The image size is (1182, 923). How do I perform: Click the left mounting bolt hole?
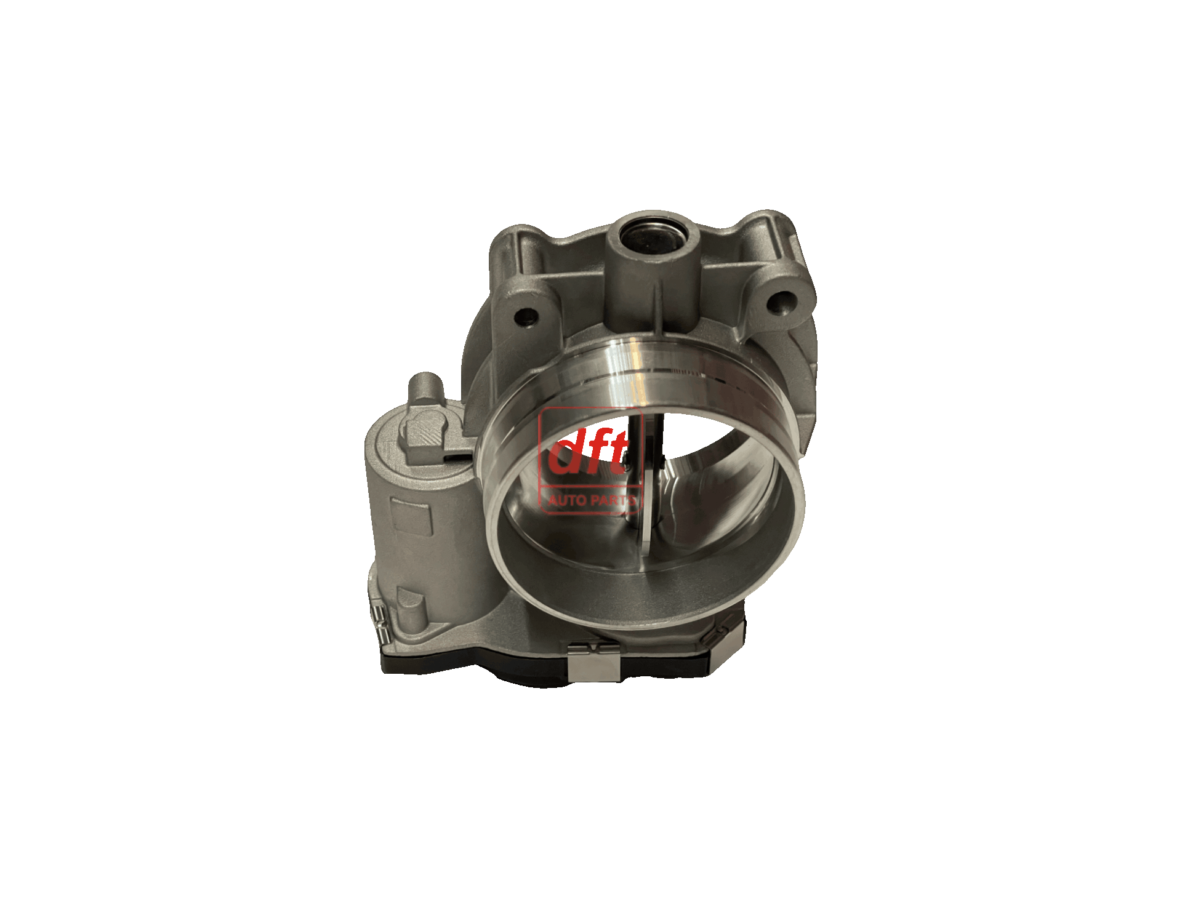[x=527, y=317]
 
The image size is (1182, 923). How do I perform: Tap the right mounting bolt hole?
[x=781, y=302]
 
